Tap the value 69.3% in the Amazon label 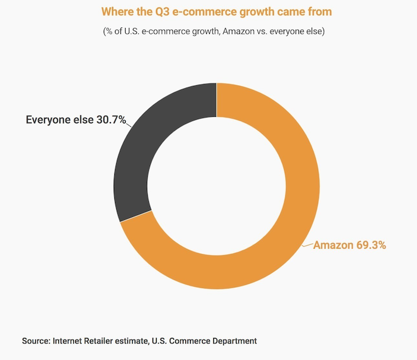point(371,245)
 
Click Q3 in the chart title point(158,11)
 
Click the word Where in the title point(116,11)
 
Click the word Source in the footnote point(35,341)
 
